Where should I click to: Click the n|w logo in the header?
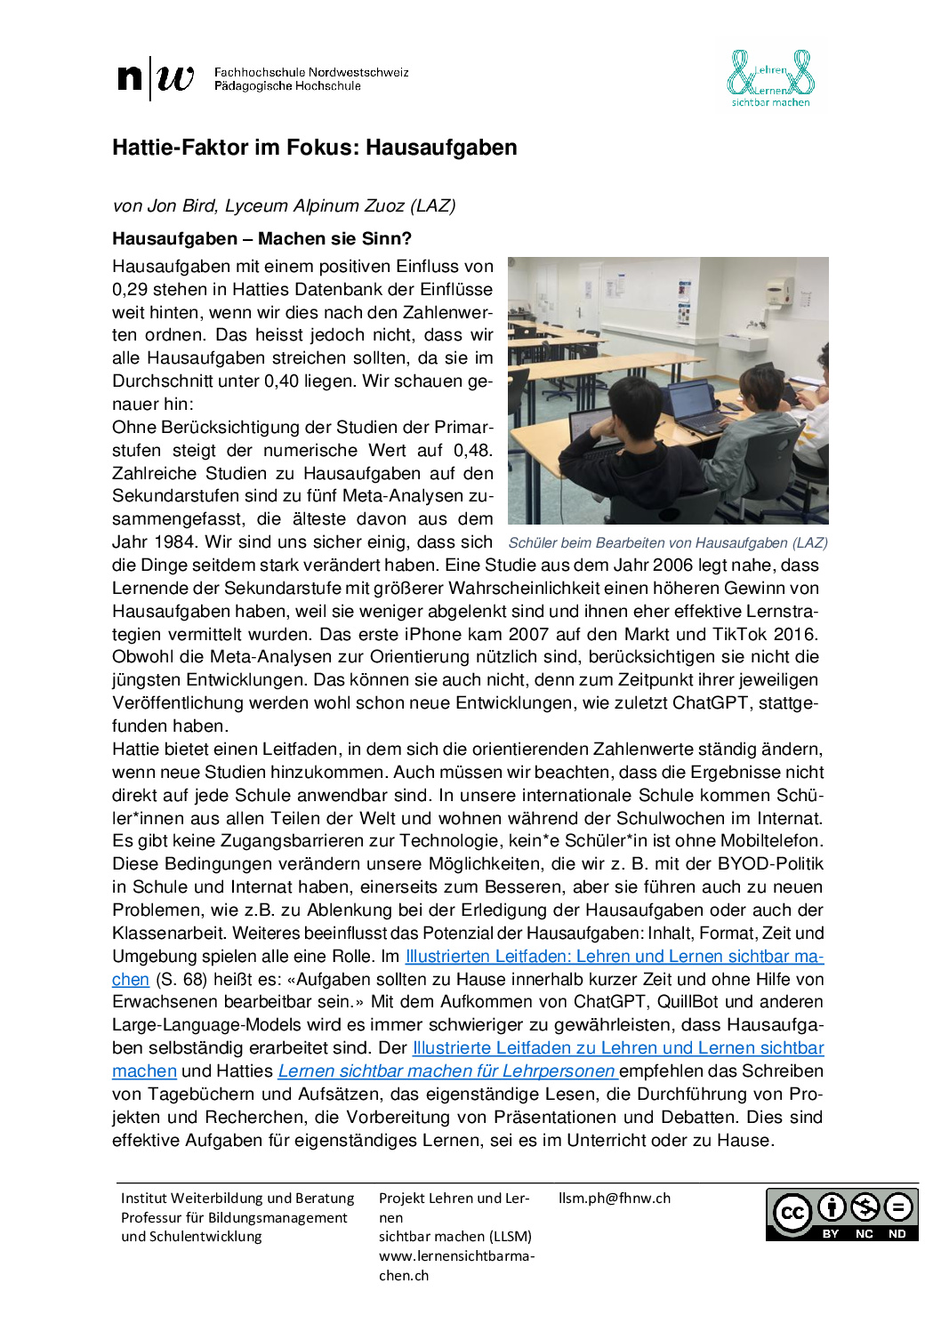156,78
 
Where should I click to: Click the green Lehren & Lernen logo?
770,78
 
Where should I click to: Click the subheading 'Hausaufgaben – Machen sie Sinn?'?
261,238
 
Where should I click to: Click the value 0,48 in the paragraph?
472,451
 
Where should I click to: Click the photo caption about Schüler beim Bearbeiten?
668,543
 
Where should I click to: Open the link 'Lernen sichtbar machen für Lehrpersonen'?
446,1071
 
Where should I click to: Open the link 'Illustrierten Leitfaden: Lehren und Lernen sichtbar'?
614,957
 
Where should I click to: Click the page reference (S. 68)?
181,980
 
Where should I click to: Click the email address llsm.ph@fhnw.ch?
615,1199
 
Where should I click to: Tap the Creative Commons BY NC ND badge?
841,1215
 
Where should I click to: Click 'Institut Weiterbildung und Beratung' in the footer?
237,1199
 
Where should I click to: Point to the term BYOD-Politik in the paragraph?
770,864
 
